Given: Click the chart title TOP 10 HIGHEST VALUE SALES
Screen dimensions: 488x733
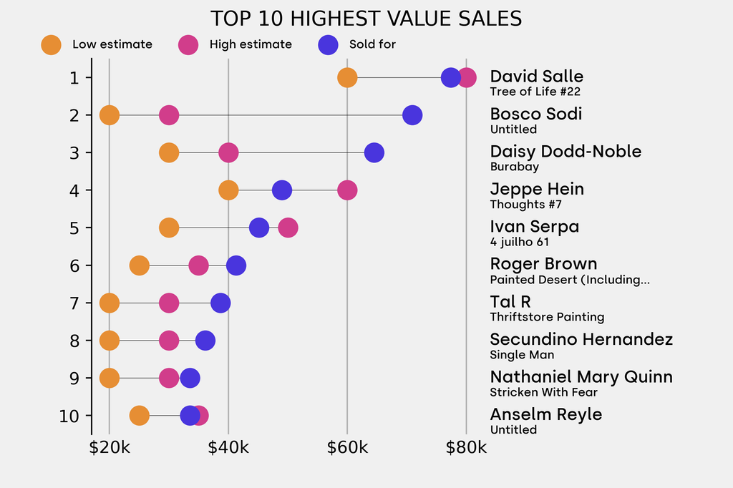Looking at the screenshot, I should click(366, 18).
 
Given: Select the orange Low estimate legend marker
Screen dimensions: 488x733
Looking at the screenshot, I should click(52, 44).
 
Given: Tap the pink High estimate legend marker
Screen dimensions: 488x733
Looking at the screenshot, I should click(188, 44).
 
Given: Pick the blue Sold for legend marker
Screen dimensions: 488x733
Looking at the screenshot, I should click(328, 44).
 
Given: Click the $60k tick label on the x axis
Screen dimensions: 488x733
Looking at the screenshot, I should click(347, 448).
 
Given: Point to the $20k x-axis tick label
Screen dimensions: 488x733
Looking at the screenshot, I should click(109, 448).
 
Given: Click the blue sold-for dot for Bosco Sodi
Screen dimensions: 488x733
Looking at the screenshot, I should click(412, 114).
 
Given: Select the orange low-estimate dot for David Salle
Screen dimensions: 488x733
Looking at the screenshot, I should click(347, 77).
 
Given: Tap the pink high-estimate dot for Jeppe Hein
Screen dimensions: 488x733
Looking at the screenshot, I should click(347, 190).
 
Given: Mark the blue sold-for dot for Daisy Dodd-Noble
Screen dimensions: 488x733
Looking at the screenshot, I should click(374, 152).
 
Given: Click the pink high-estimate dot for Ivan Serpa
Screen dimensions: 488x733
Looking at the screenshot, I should click(288, 228).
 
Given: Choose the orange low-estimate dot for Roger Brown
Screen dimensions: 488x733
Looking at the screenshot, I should click(139, 265).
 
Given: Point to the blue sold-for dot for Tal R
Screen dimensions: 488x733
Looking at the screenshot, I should click(220, 303).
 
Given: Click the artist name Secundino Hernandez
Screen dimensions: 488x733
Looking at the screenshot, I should click(581, 339).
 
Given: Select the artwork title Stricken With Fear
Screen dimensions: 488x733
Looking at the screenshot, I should click(543, 392).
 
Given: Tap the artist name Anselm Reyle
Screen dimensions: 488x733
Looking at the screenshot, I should click(545, 414).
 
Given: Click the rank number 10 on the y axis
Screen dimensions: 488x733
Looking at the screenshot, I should click(69, 416).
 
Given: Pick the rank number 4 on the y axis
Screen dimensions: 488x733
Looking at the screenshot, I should click(74, 190).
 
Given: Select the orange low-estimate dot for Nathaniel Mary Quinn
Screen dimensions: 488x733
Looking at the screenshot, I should click(109, 378).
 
